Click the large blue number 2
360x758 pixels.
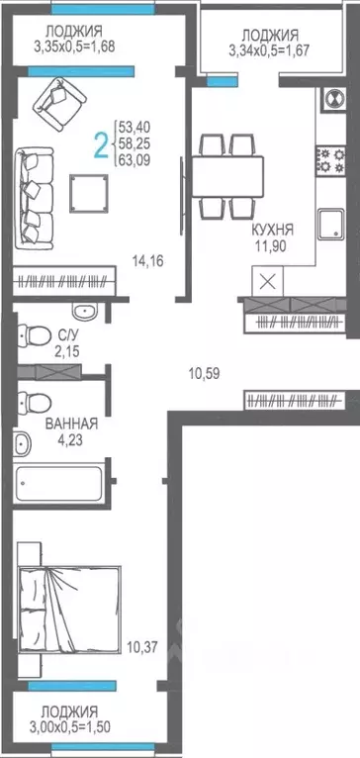pyautogui.click(x=100, y=145)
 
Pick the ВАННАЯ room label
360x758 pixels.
pyautogui.click(x=71, y=424)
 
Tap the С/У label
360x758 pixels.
pyautogui.click(x=68, y=335)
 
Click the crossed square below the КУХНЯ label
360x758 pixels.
pyautogui.click(x=266, y=279)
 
